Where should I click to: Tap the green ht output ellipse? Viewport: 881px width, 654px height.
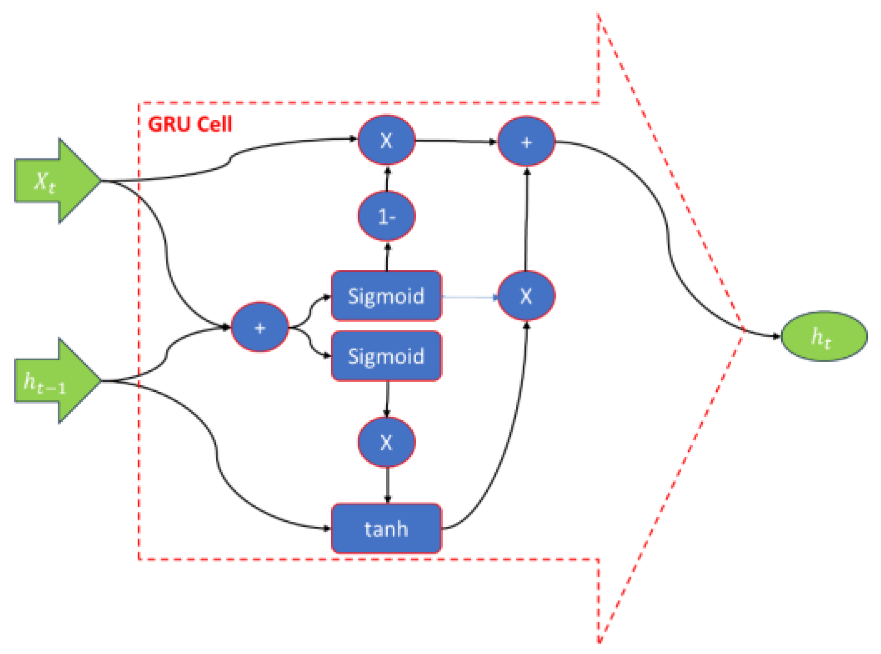[x=823, y=336]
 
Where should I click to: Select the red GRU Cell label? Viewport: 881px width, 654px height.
[x=190, y=124]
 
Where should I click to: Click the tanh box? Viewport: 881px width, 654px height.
[x=386, y=528]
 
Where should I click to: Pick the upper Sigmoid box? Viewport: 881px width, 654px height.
[x=386, y=296]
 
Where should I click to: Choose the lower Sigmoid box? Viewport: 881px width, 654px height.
[x=386, y=356]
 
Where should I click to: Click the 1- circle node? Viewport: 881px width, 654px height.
[x=386, y=216]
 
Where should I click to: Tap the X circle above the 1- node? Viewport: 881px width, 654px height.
[x=386, y=140]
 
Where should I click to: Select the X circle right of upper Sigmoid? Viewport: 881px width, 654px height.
[x=526, y=296]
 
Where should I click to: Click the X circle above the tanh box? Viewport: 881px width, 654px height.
[x=386, y=442]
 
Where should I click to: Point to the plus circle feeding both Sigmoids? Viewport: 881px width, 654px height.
[x=259, y=328]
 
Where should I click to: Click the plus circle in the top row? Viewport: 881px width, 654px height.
[x=526, y=142]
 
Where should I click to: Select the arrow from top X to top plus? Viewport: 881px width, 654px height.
[x=456, y=141]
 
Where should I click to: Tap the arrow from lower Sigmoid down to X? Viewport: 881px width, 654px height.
[x=387, y=399]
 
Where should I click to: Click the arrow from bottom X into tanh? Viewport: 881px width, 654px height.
[x=387, y=485]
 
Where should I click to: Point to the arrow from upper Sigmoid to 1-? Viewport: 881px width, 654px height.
[x=387, y=256]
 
